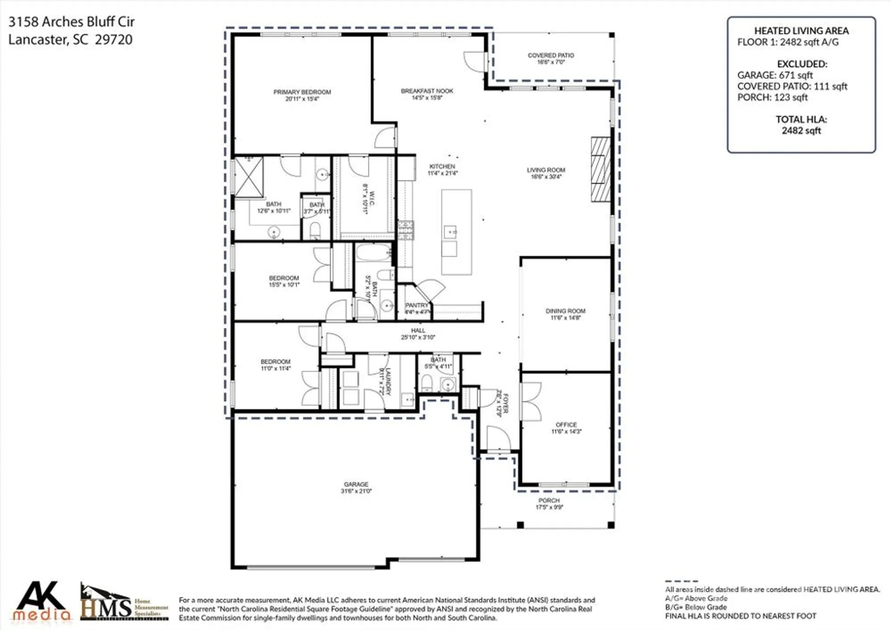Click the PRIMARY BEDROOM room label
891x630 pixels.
click(x=302, y=92)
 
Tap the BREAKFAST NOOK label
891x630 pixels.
click(x=427, y=91)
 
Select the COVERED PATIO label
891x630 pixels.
click(x=551, y=56)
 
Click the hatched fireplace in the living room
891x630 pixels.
click(x=601, y=169)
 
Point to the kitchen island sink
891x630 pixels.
click(x=450, y=232)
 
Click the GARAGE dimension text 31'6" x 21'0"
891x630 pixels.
click(x=356, y=491)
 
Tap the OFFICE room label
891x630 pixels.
click(x=566, y=425)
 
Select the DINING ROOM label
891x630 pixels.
click(x=565, y=311)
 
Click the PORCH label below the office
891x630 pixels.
click(x=549, y=500)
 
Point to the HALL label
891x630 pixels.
click(x=418, y=331)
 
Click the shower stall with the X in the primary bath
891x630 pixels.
click(x=249, y=177)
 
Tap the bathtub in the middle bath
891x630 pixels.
click(x=373, y=253)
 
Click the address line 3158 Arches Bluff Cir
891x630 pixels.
click(x=71, y=22)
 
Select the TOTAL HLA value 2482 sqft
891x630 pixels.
click(x=801, y=131)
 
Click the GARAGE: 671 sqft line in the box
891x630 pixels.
click(x=775, y=75)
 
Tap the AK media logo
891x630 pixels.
click(x=41, y=601)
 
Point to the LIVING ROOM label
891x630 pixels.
click(x=546, y=170)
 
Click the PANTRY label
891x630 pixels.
click(x=417, y=306)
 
